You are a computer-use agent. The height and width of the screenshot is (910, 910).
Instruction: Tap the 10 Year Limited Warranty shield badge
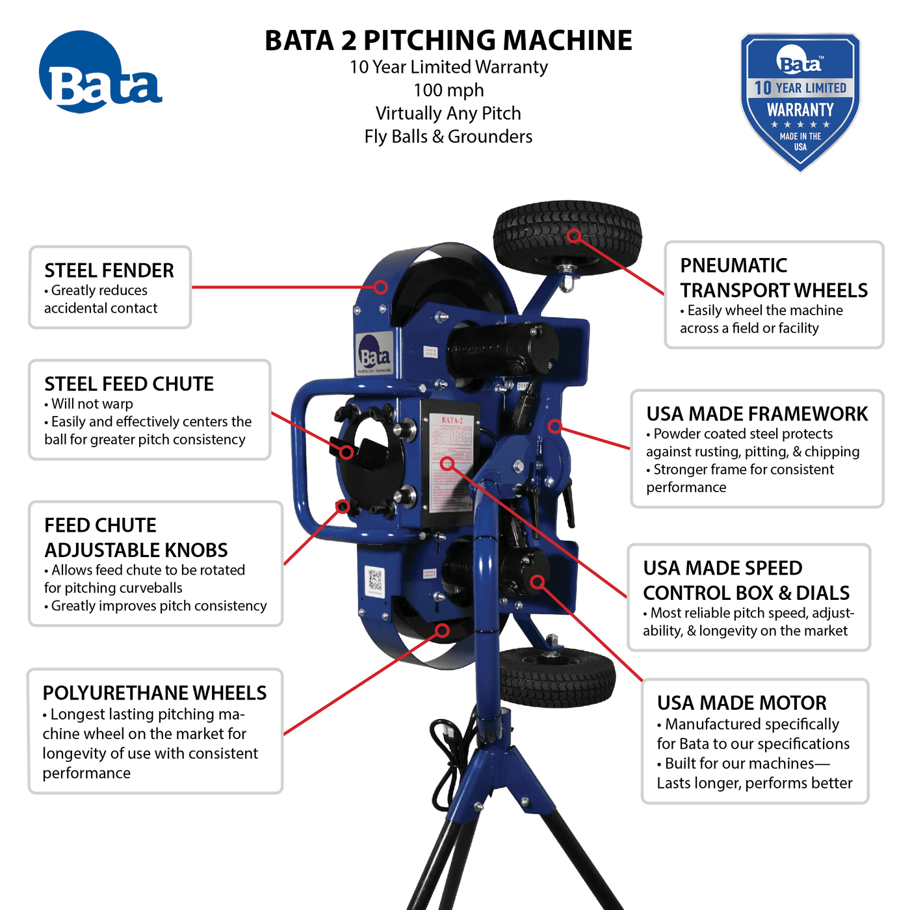click(800, 102)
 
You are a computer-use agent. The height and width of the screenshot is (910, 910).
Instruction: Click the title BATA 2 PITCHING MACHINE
click(448, 40)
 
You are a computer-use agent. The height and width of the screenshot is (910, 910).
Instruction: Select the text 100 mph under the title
click(448, 90)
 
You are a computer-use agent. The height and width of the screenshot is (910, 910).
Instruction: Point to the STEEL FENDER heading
click(109, 270)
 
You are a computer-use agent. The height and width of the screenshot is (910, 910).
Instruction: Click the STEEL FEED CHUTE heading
click(129, 384)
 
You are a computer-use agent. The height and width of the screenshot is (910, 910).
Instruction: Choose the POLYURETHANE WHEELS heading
click(155, 693)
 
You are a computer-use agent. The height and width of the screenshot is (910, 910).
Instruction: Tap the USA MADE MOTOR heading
click(742, 703)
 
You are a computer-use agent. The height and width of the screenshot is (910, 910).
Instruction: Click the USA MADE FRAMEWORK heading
click(757, 414)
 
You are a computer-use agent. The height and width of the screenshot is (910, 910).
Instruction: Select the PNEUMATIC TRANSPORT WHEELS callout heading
click(773, 278)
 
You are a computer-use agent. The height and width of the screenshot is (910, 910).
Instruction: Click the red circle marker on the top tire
click(573, 235)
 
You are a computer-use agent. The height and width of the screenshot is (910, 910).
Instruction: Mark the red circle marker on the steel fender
click(381, 287)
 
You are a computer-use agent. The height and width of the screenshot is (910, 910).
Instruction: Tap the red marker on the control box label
click(447, 463)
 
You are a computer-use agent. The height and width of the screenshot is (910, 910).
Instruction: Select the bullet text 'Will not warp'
click(92, 404)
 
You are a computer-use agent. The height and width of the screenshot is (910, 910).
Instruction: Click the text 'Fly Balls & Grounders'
click(448, 136)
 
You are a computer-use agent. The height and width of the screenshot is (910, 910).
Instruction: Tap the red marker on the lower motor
click(537, 581)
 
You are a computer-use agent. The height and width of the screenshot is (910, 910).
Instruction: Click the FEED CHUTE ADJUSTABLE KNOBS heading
click(136, 538)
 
